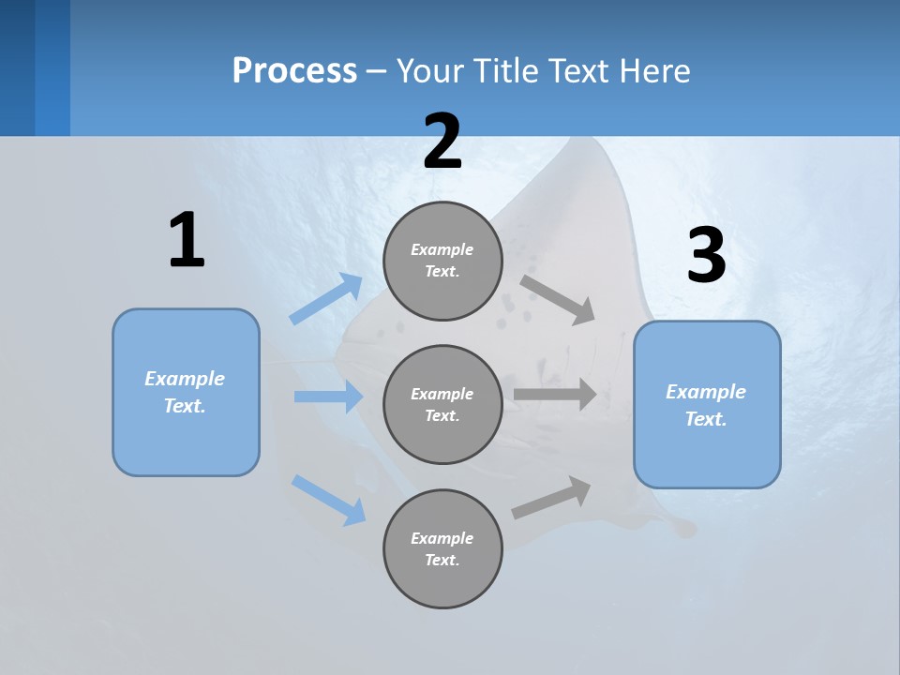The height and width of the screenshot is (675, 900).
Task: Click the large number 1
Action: [187, 240]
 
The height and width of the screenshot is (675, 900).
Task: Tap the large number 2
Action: [442, 142]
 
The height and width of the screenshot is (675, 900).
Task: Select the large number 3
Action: [706, 256]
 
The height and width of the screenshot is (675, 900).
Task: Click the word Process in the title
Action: [294, 70]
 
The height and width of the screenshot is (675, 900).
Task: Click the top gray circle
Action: [442, 261]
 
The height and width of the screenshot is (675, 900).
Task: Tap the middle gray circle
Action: [442, 404]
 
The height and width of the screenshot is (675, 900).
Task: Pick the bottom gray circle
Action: [442, 548]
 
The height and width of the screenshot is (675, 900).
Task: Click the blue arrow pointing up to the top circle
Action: [326, 299]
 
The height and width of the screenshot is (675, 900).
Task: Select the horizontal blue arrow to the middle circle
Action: [328, 397]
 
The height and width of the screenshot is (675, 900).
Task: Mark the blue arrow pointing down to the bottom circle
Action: [328, 500]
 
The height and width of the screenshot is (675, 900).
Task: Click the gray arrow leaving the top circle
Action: [558, 299]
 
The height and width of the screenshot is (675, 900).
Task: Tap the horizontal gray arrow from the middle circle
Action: [555, 395]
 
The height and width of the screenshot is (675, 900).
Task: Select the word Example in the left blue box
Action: [185, 379]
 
